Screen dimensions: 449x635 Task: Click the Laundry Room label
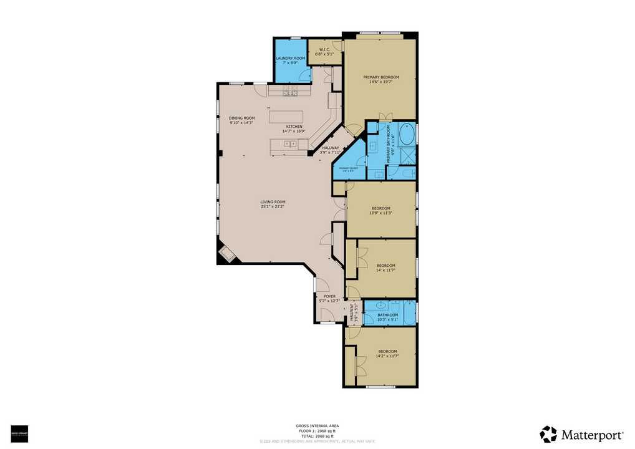(290, 58)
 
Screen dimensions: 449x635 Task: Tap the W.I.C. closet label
(324, 50)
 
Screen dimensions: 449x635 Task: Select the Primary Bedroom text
(381, 77)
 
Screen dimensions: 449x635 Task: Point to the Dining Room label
(241, 118)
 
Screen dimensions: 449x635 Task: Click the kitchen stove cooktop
(290, 92)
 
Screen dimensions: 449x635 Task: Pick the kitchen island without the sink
(286, 117)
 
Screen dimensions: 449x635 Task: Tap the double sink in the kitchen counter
(291, 144)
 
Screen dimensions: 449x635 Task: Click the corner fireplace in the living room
(226, 254)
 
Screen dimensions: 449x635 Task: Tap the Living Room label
(273, 202)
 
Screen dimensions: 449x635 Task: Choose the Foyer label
(329, 296)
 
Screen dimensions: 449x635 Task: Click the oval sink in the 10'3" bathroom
(378, 306)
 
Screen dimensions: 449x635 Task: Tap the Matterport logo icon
(548, 434)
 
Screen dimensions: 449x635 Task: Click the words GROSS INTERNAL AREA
(317, 426)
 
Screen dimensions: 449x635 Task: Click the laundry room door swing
(304, 75)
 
